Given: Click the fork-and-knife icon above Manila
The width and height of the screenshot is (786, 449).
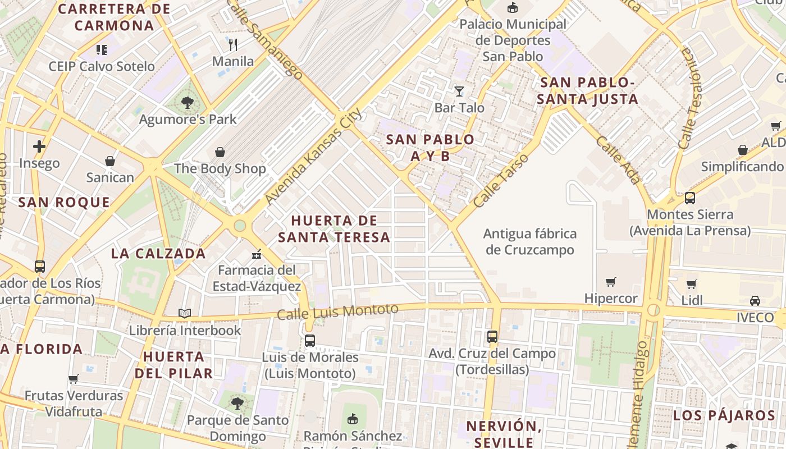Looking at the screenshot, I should [x=233, y=44].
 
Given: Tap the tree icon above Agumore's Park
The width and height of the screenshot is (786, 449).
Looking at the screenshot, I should [x=187, y=103].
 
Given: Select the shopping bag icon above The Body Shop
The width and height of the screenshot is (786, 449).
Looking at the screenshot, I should [x=220, y=152].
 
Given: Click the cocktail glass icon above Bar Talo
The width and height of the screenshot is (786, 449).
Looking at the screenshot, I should [x=459, y=91].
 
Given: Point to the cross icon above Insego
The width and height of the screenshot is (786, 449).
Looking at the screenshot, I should [x=39, y=147].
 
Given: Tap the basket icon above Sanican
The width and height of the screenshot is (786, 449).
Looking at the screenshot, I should [x=110, y=162].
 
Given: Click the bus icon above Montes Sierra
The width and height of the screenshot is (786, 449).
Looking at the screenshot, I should [x=689, y=198].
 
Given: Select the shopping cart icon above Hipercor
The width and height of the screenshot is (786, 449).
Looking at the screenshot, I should [x=611, y=282].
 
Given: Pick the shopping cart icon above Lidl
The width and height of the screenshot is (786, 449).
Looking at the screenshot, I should [x=692, y=284].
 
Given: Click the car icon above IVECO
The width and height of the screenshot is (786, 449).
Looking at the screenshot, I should [x=755, y=301].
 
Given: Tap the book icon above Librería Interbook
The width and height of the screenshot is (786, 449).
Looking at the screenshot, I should [x=185, y=313].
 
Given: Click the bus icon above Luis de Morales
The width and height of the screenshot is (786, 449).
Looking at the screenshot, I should [x=310, y=340].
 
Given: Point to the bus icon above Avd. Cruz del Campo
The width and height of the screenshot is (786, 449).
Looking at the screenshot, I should [x=492, y=337].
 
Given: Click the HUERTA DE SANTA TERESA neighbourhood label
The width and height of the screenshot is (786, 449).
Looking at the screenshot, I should [x=334, y=228].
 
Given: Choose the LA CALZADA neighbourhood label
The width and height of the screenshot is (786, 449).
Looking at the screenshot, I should [x=158, y=253].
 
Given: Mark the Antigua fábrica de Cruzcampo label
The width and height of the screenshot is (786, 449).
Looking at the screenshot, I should [x=529, y=241].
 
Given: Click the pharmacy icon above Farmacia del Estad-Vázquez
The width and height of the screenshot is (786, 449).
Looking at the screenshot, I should [x=257, y=254].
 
